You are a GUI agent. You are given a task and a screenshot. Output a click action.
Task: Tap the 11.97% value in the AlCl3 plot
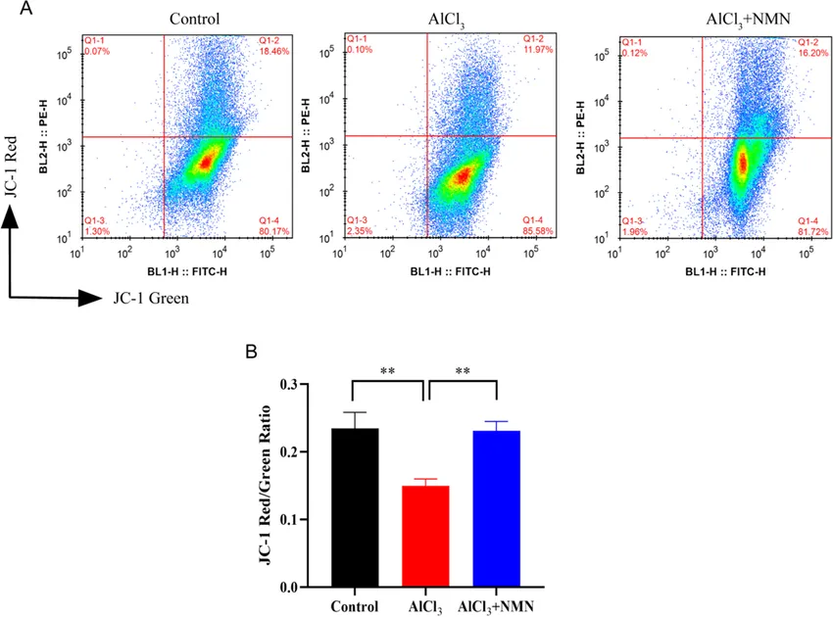coord(538,48)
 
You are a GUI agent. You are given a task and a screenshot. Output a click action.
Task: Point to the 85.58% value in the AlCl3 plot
coord(538,231)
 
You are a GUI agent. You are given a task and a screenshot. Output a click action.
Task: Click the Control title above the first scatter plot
coord(194,18)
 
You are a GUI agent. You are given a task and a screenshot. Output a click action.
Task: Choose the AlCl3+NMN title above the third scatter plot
coord(721,18)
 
